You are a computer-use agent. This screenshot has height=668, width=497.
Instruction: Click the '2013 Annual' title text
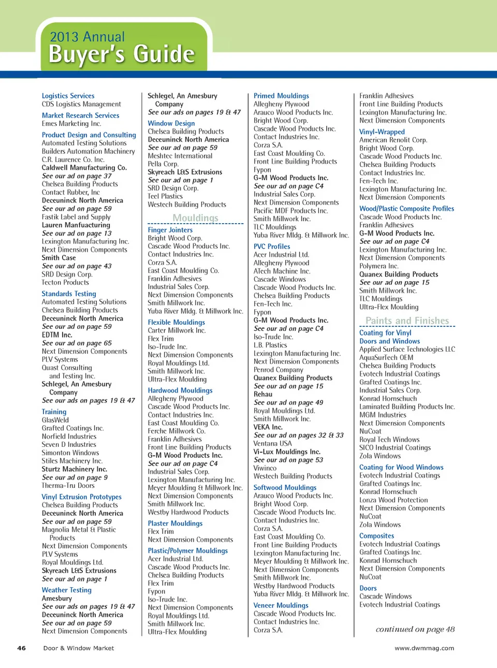pyautogui.click(x=87, y=37)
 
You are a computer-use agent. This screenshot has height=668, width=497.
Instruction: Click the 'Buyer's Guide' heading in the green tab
pyautogui.click(x=122, y=54)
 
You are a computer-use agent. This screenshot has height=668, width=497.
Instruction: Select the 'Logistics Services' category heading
pyautogui.click(x=68, y=96)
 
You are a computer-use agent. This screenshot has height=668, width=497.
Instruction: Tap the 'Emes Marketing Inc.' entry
pyautogui.click(x=71, y=124)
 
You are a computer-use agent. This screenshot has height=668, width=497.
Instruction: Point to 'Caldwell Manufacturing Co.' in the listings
pyautogui.click(x=84, y=168)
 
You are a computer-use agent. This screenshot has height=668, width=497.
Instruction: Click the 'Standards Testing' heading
pyautogui.click(x=69, y=294)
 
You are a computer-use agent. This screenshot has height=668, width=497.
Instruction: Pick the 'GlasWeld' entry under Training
pyautogui.click(x=55, y=420)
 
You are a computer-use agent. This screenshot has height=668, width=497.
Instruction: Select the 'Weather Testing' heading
pyautogui.click(x=67, y=590)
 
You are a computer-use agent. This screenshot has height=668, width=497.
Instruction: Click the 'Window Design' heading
pyautogui.click(x=171, y=123)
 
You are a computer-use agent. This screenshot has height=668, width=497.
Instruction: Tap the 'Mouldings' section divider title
pyautogui.click(x=195, y=218)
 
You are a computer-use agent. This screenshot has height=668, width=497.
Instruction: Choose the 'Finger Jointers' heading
pyautogui.click(x=170, y=230)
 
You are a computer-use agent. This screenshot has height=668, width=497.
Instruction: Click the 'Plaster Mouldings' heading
pyautogui.click(x=175, y=524)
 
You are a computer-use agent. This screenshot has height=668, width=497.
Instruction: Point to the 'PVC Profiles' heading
pyautogui.click(x=272, y=246)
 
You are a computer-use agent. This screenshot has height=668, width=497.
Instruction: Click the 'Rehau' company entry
pyautogui.click(x=263, y=394)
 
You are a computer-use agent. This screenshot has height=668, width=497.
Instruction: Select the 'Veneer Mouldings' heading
pyautogui.click(x=281, y=605)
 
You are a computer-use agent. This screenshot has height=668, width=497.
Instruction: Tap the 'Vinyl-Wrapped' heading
pyautogui.click(x=382, y=132)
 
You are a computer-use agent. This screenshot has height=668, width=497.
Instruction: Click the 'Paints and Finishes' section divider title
pyautogui.click(x=407, y=321)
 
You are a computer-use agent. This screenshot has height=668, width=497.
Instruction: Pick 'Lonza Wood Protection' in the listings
pyautogui.click(x=393, y=500)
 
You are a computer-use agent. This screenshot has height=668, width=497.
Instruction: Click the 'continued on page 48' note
pyautogui.click(x=415, y=629)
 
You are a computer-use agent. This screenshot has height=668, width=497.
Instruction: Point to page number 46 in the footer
pyautogui.click(x=22, y=648)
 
